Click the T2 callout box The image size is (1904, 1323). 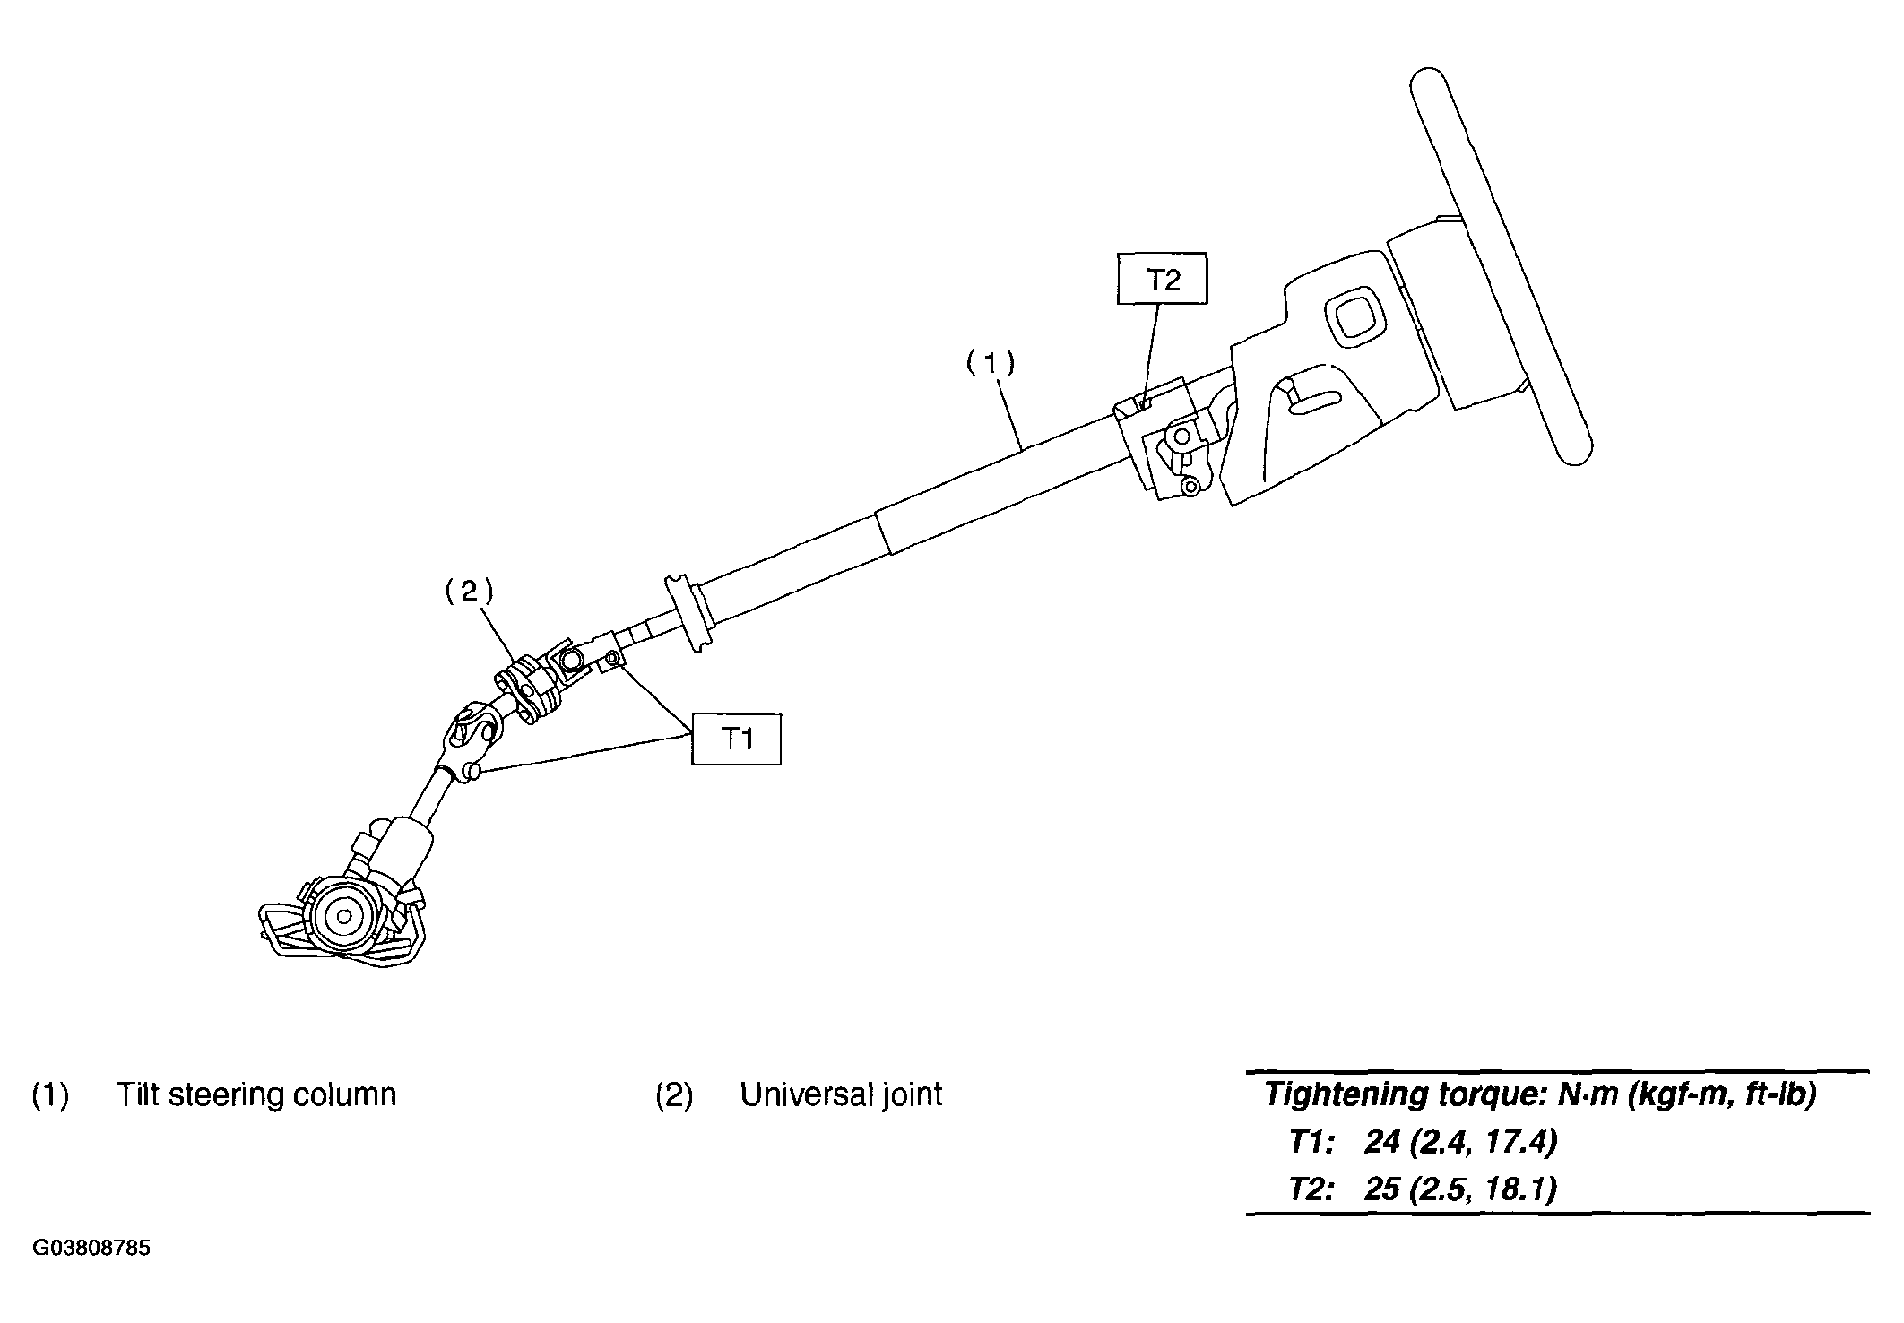1162,281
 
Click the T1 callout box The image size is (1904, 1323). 736,739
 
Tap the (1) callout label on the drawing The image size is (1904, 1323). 991,363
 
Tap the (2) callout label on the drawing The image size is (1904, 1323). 470,592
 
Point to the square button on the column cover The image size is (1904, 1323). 1353,316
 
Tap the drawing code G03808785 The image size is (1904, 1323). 91,1249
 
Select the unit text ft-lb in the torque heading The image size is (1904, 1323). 1778,1095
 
